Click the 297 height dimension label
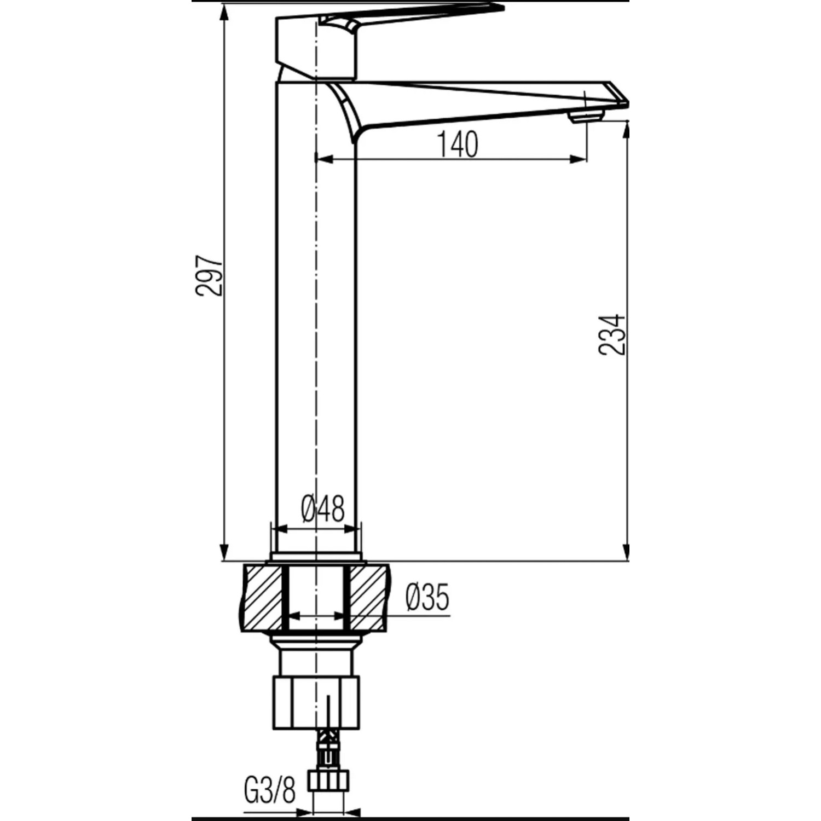pyautogui.click(x=211, y=275)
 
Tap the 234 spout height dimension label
pyautogui.click(x=612, y=334)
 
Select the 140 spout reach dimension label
pyautogui.click(x=457, y=144)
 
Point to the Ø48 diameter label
pyautogui.click(x=323, y=509)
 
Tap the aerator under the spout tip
pyautogui.click(x=586, y=116)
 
